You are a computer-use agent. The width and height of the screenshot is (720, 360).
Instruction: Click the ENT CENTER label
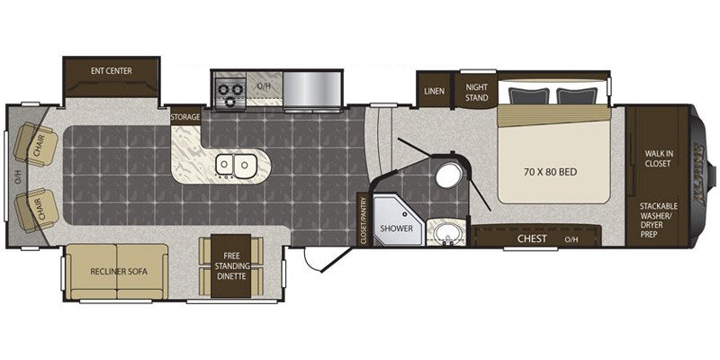[x=111, y=68]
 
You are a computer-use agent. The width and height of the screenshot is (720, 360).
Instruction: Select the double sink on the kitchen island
[x=236, y=166]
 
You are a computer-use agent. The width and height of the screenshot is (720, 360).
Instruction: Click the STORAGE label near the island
[x=185, y=117]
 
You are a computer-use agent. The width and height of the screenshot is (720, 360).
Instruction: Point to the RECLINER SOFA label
[x=118, y=270]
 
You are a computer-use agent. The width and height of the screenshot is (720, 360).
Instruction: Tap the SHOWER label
[x=395, y=229]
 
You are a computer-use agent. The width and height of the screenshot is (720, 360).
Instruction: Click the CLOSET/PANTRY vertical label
[x=364, y=220]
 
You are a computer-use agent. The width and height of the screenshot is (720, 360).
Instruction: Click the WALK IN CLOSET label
[x=659, y=158]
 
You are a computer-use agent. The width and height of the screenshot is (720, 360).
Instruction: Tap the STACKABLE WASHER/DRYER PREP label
[x=659, y=219]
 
